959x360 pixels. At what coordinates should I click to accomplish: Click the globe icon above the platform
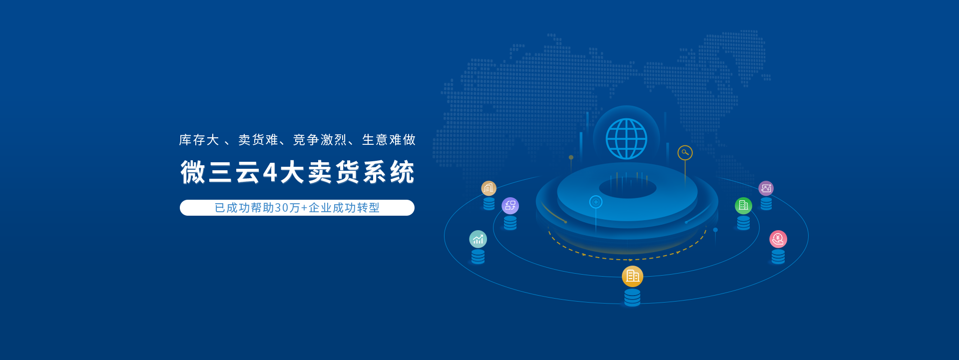tap(626, 139)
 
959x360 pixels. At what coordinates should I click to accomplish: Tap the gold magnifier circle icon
tap(685, 153)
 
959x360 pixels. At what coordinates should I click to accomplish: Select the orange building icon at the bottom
tap(632, 276)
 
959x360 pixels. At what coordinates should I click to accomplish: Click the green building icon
tap(743, 205)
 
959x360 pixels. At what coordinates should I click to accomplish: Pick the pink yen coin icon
tap(778, 239)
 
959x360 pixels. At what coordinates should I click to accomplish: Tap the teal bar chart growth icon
tap(478, 239)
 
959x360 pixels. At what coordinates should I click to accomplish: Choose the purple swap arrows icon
tap(510, 206)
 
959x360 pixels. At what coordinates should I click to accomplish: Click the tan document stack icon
tap(488, 188)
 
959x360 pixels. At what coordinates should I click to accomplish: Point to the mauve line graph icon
tap(766, 188)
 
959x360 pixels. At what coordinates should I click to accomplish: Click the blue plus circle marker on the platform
tap(596, 202)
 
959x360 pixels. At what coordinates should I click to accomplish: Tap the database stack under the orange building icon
tap(632, 297)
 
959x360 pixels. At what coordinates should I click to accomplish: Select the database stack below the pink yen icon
tap(778, 257)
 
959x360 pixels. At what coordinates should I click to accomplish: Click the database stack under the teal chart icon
tap(478, 257)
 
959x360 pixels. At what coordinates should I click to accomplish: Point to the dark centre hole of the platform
tap(627, 188)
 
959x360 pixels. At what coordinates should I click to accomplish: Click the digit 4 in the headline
tap(270, 173)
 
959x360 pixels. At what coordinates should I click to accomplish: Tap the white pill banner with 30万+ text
tap(297, 208)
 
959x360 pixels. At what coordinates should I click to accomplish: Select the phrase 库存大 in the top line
tap(199, 140)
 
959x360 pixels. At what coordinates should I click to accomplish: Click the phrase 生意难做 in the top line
tap(389, 140)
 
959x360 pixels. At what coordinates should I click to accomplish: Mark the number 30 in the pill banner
tap(281, 208)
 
